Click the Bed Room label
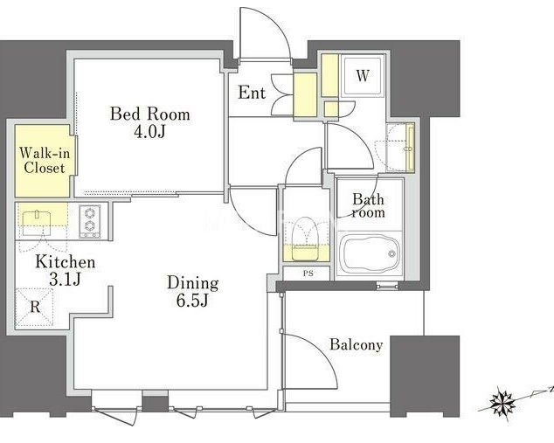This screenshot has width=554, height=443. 149,114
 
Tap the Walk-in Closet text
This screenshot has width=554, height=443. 45,161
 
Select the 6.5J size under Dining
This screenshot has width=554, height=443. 193,300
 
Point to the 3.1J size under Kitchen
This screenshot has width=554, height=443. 65,279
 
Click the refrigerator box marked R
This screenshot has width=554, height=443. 34,307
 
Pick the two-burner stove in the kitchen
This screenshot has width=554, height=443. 89,221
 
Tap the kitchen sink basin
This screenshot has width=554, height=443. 37,223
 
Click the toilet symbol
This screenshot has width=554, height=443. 306,239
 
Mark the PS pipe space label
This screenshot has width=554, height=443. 308,273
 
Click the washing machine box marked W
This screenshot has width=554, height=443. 363,75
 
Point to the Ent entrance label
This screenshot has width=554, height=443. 252,93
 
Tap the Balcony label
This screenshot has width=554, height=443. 357,344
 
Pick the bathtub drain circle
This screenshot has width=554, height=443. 391,253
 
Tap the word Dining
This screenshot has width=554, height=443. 193,284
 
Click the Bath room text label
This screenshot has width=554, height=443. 368,205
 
